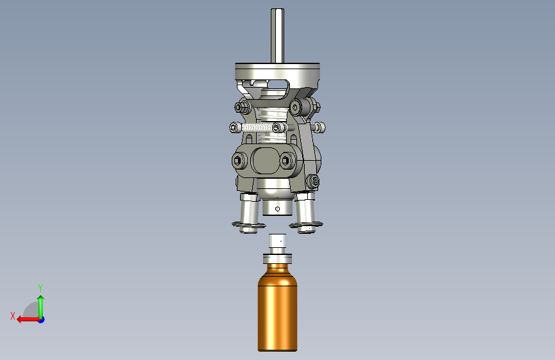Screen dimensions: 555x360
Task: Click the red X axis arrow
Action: coord(28,320)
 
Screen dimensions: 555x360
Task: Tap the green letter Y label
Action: coord(40,288)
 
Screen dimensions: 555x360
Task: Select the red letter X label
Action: coord(13,316)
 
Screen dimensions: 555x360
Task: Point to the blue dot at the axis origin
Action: coord(42,320)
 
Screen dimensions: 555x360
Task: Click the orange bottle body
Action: coord(277,307)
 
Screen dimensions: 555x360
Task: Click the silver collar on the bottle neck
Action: coord(278,259)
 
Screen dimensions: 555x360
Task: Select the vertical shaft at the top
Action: coord(277,35)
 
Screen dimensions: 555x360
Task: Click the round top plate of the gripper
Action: coord(278,72)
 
